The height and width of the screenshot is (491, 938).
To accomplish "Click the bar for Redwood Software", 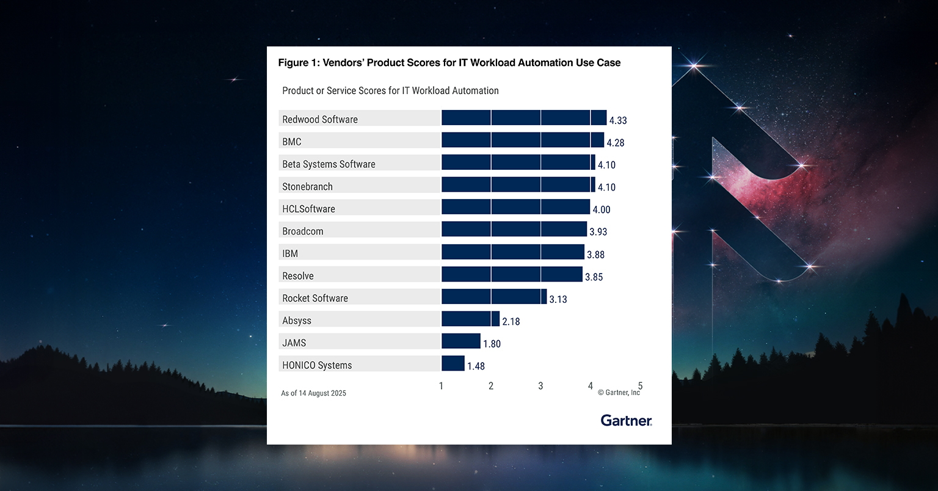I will point(523,118).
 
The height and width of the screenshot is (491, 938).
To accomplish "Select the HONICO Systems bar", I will point(453,363).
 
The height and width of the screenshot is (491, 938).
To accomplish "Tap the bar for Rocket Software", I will point(493,297).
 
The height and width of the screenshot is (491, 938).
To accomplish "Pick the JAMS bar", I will point(460,341).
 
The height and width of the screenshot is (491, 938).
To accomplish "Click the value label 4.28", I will point(615,143).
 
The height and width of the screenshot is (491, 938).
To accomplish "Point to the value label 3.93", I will point(598,232).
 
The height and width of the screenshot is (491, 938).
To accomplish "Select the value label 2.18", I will point(511,321).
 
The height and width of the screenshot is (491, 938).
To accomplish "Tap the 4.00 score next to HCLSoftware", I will point(601,209).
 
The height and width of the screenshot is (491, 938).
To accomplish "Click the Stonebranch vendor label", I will point(307,187).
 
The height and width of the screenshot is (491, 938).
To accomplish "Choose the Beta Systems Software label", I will point(329,164).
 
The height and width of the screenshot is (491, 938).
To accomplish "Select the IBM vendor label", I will point(290,253).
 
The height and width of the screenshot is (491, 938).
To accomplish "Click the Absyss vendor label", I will point(297,321).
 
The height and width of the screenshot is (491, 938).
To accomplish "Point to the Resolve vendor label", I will point(298,276).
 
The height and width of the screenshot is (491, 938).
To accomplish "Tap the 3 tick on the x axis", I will point(540,386).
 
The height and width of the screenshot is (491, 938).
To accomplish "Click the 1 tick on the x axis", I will point(441,386).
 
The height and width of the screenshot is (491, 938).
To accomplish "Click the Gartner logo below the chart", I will point(626,420).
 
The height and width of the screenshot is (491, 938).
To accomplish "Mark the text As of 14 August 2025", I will point(313,393).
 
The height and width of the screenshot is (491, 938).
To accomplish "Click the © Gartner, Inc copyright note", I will point(619,393).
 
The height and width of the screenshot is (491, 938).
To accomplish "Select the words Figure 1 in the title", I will point(297,63).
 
